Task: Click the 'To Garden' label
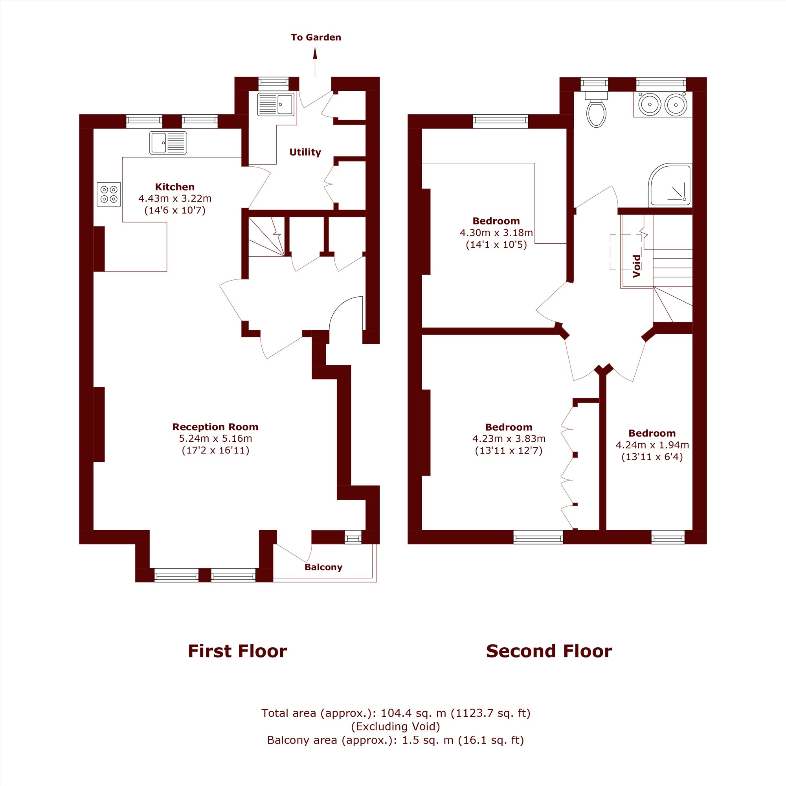tap(316, 37)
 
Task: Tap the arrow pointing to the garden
tap(315, 62)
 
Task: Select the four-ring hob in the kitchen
tap(109, 194)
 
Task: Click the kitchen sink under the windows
tap(168, 143)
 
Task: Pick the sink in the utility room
tap(276, 105)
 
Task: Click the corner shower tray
tap(670, 185)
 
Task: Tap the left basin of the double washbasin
tap(649, 104)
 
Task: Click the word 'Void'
tap(637, 266)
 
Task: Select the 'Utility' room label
tap(305, 152)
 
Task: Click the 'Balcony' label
tap(323, 567)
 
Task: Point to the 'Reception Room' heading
tap(215, 427)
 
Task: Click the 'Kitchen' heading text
tap(175, 187)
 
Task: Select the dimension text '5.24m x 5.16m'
tap(216, 439)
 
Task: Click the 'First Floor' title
tap(237, 651)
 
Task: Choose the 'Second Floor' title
tap(549, 651)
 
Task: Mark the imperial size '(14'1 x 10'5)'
tap(496, 244)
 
